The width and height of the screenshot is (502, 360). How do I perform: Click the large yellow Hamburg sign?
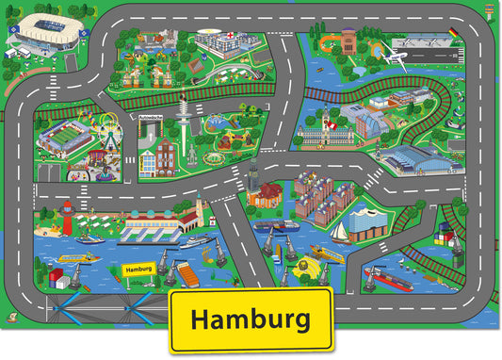click(250, 319)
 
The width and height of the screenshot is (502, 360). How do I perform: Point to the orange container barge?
click(187, 273)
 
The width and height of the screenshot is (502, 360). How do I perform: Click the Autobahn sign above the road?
click(151, 119)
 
